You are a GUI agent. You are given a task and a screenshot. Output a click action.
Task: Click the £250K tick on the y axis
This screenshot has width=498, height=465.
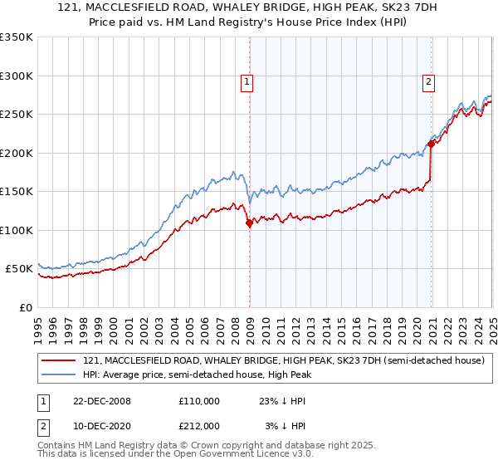(17, 114)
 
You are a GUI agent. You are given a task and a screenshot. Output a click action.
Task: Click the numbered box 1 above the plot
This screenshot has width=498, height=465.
(247, 81)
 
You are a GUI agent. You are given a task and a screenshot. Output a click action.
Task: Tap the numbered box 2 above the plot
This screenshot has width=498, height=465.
(428, 81)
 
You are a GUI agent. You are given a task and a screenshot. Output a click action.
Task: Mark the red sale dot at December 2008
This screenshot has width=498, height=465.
(249, 223)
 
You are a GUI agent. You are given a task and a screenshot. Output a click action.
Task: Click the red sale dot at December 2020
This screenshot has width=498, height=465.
(431, 144)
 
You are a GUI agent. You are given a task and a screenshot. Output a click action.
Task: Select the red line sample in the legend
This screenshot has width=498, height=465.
(59, 360)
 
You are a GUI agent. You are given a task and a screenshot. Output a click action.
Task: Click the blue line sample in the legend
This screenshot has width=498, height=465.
(59, 375)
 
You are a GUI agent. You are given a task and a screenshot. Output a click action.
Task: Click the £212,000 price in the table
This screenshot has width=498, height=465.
(199, 426)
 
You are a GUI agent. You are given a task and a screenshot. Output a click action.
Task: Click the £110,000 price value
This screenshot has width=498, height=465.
(199, 400)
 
